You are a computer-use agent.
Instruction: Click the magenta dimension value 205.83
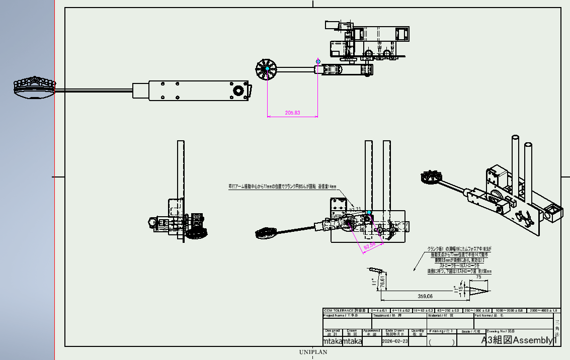(292, 113)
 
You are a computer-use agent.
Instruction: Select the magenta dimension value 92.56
(369, 246)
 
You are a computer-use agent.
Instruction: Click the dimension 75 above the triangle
(478, 277)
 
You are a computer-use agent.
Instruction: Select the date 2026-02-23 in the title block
(395, 341)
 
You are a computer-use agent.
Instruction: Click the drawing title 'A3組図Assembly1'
(520, 340)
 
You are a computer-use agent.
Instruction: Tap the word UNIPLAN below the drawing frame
(313, 352)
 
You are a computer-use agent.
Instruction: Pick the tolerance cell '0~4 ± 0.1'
(380, 311)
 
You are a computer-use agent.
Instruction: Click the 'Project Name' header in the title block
(340, 316)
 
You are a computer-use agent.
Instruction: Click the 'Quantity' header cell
(417, 332)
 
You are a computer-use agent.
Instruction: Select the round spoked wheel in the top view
(265, 69)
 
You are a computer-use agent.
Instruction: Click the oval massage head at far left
(34, 88)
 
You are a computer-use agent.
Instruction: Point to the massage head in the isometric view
(432, 177)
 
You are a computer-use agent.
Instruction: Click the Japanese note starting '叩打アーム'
(278, 187)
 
